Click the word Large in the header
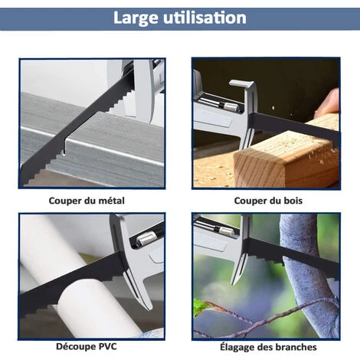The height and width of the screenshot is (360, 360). point(136,18)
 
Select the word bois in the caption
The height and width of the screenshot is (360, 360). point(293,201)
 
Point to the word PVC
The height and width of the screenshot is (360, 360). point(107,346)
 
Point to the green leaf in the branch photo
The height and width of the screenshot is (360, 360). point(200,307)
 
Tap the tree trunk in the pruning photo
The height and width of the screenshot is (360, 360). point(309,276)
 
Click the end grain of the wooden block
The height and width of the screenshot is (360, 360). point(258,167)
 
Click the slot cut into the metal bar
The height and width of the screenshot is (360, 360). point(64,147)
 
